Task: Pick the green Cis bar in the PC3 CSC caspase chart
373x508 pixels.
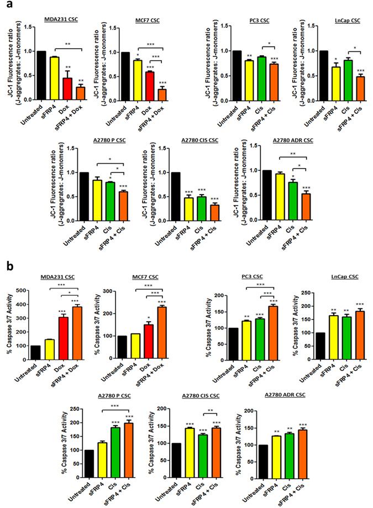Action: coord(260,339)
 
